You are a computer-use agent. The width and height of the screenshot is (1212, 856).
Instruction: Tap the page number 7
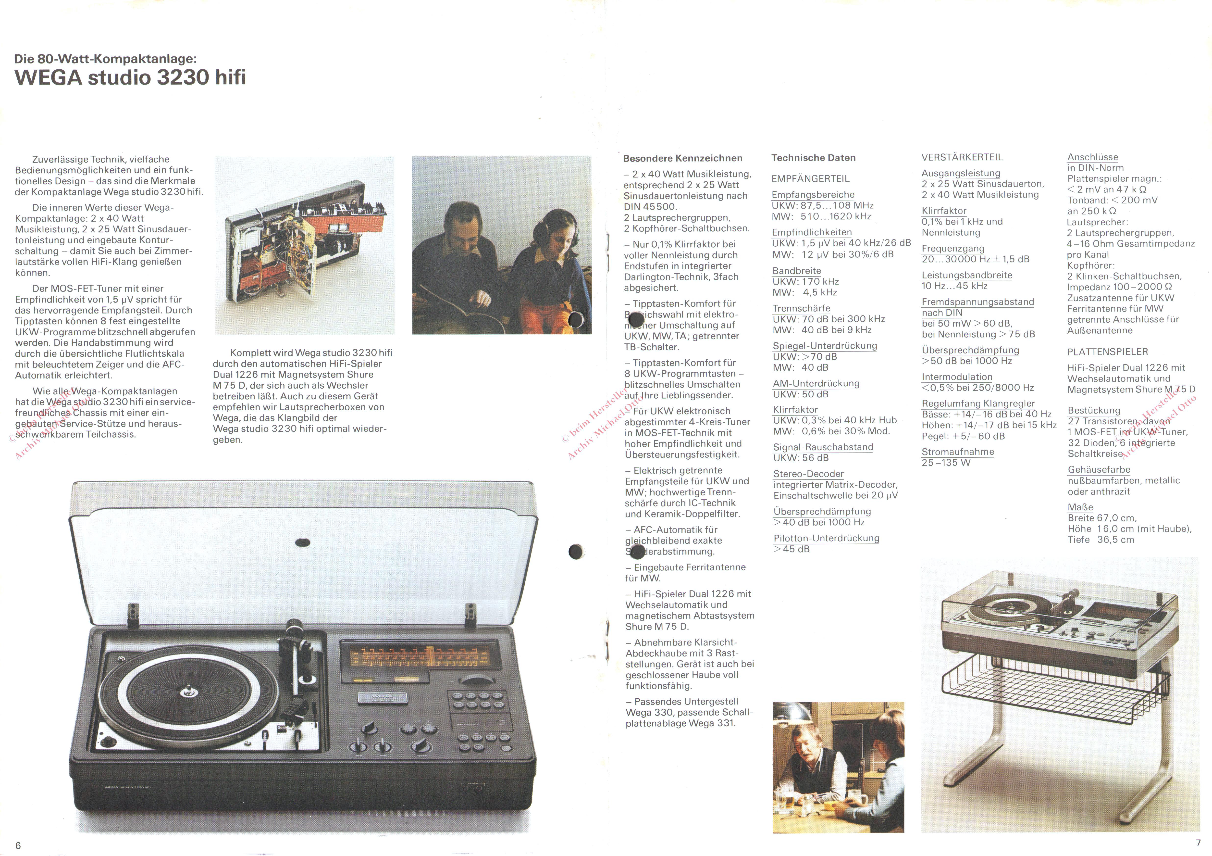[1198, 843]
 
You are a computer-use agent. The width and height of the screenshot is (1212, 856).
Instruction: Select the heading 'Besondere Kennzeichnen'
[682, 158]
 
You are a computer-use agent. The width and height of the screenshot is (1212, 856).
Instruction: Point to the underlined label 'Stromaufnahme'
[958, 452]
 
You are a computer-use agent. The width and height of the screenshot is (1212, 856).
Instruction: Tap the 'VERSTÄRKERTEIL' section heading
[962, 157]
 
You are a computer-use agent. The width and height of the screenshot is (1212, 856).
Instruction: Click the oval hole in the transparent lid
[302, 542]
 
